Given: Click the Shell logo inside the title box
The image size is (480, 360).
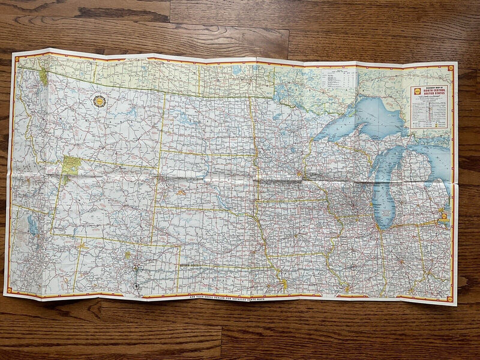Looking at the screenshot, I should tap(416, 91).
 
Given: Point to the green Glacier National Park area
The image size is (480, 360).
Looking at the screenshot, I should tap(44, 76).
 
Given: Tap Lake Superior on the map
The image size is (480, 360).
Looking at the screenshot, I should tap(366, 114).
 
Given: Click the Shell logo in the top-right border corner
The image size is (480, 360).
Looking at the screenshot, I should tap(450, 69).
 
